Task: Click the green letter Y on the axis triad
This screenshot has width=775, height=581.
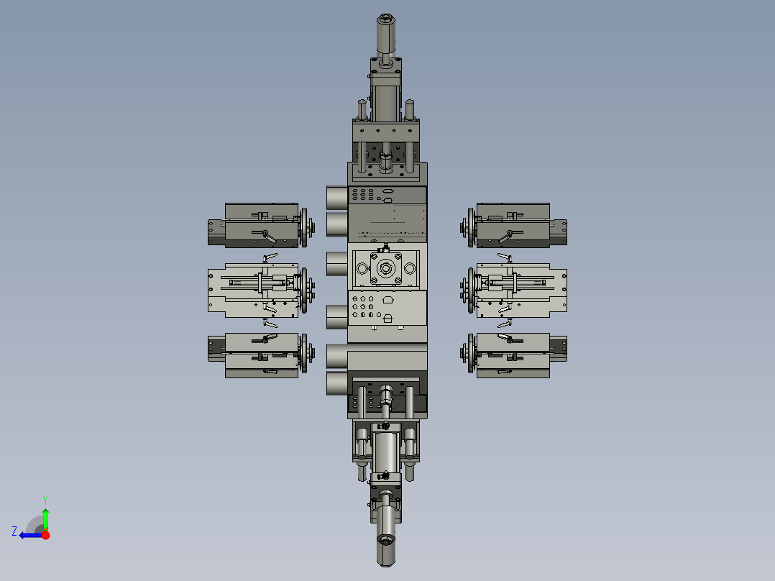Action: tap(45, 500)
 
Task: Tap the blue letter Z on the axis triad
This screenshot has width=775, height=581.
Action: tap(14, 531)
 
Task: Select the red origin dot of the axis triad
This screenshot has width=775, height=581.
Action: tap(45, 535)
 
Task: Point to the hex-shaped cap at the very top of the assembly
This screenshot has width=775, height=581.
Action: tap(386, 20)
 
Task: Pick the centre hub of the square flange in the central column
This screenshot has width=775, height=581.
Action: tap(385, 269)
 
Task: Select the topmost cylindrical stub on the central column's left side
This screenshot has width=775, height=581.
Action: tap(337, 197)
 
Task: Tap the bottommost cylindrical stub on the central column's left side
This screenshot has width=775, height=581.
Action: tap(337, 384)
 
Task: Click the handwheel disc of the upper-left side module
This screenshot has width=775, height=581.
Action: tap(304, 227)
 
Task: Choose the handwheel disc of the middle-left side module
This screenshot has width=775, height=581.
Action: tap(304, 290)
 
